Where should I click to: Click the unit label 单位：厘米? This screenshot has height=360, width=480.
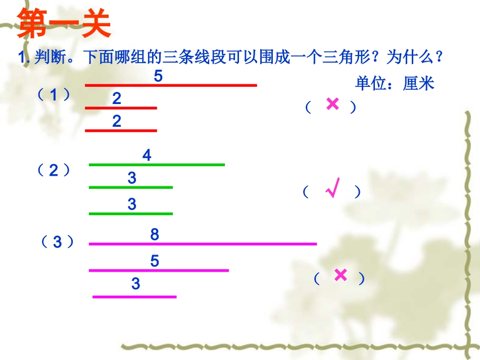coord(395,83)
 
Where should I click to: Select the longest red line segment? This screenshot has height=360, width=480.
coord(171,85)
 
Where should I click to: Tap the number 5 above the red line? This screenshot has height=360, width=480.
coord(159,77)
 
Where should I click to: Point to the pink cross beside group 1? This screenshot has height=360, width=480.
coord(332,105)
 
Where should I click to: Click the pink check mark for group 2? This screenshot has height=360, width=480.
coord(332,188)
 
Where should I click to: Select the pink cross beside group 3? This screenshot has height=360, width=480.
coord(341,275)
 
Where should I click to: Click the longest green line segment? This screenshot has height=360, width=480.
coord(157,165)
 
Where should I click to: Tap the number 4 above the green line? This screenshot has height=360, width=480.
coord(147,156)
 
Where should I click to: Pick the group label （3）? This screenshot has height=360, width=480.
coord(58,242)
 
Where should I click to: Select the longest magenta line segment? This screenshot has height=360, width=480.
coord(203,244)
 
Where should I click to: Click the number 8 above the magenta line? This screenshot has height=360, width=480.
coord(155,235)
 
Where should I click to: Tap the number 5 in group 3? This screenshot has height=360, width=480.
coord(155,261)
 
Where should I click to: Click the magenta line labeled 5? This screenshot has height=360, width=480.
coord(159,270)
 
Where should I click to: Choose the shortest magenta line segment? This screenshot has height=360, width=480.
coord(134,297)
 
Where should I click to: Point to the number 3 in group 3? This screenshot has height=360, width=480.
coord(135,284)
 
